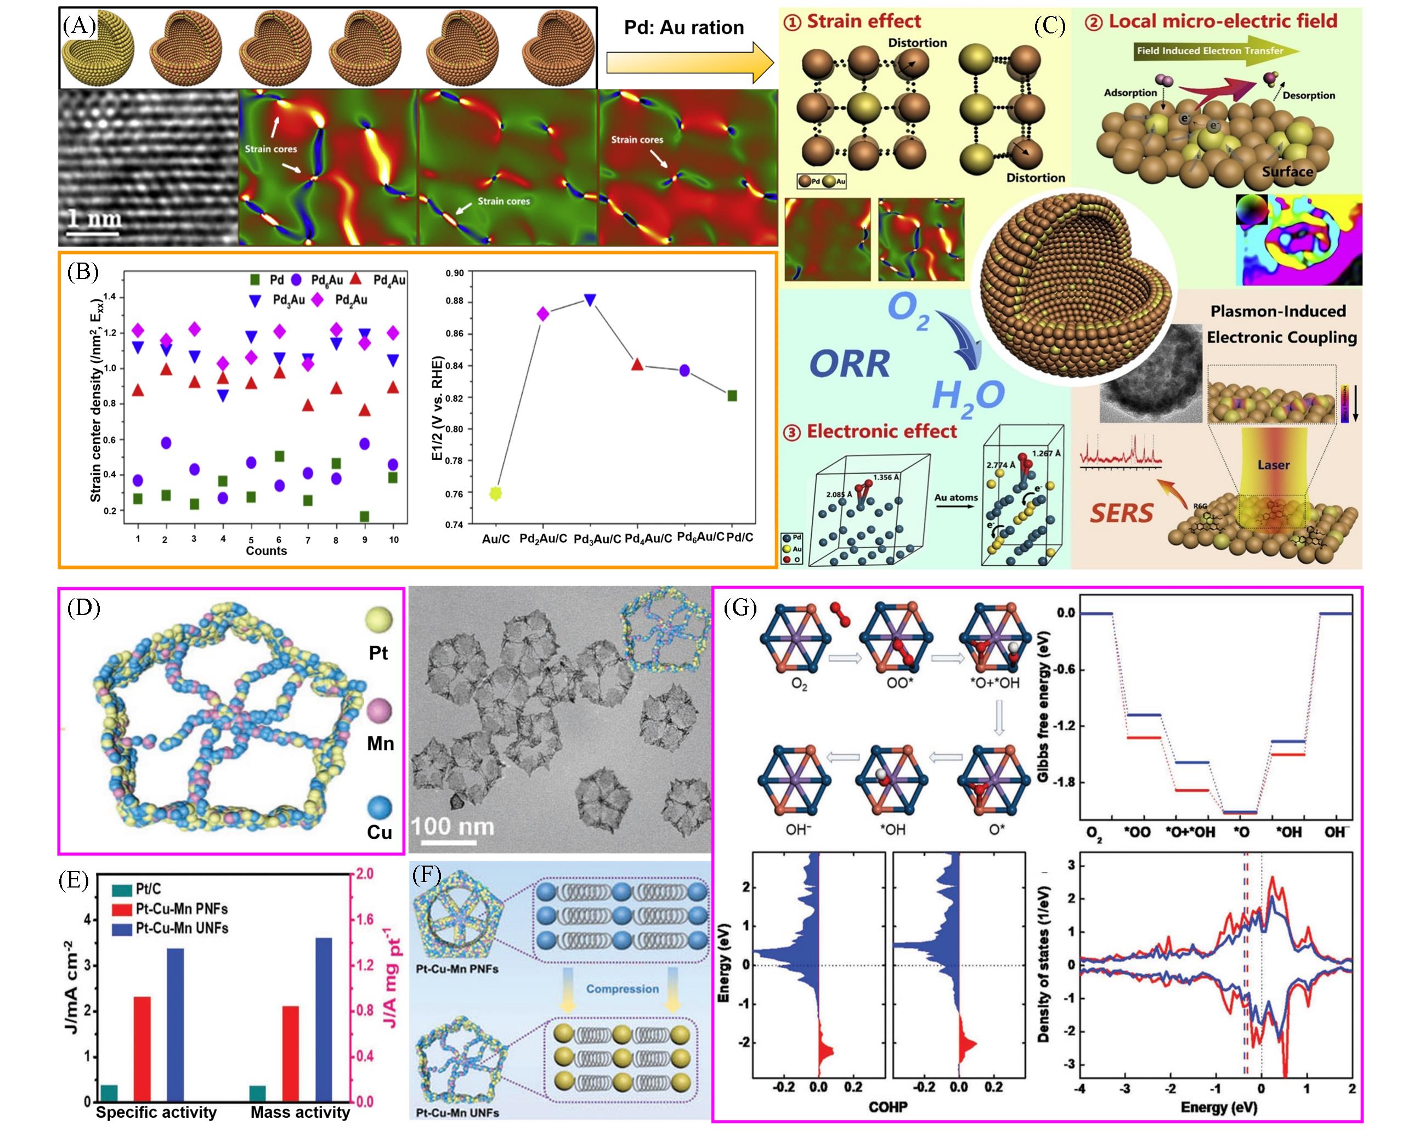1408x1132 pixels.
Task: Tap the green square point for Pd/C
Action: (732, 396)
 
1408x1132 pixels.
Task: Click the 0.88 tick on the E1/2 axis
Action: (455, 301)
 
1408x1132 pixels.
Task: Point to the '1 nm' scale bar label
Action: (95, 218)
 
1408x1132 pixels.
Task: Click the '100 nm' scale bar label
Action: (452, 827)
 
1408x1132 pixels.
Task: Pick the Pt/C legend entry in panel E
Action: (148, 889)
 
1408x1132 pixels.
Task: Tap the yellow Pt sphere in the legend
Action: (379, 620)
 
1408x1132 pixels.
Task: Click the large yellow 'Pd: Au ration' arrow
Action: (689, 62)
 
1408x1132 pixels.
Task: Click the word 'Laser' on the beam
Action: (1273, 465)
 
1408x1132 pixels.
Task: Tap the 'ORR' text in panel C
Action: (850, 363)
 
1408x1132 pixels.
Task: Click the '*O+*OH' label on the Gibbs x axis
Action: (1190, 832)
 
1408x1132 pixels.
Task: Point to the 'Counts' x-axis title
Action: (266, 550)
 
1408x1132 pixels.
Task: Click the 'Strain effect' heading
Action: (863, 21)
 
